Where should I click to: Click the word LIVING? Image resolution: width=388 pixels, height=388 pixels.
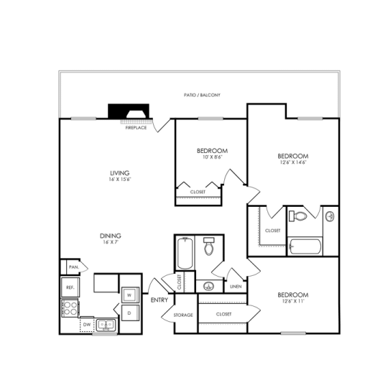click(x=119, y=173)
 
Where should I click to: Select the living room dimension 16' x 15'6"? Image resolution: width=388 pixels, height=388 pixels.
click(x=119, y=180)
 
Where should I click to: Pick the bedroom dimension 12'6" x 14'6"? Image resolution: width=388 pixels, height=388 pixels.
click(x=292, y=163)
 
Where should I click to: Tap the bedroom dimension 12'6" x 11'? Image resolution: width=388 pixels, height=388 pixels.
click(x=292, y=302)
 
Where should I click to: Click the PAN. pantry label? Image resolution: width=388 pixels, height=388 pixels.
click(x=73, y=267)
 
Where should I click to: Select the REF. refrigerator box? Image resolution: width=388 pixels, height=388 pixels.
click(x=70, y=287)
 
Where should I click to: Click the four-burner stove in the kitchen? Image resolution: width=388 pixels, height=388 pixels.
click(x=70, y=309)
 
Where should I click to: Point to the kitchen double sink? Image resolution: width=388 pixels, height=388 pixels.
click(x=106, y=325)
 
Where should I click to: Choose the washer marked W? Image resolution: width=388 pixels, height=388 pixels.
click(x=130, y=295)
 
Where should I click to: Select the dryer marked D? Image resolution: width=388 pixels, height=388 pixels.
click(x=130, y=314)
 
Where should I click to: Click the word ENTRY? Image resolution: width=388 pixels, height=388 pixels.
click(x=159, y=300)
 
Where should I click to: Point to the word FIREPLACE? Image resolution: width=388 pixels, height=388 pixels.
click(x=136, y=127)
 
